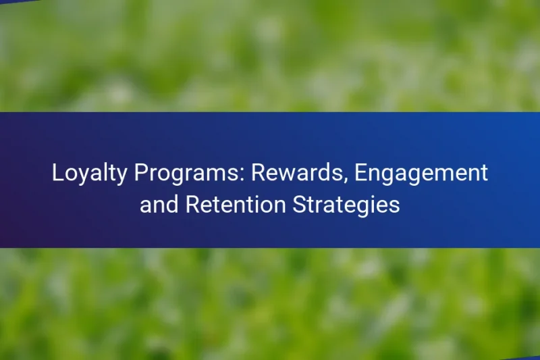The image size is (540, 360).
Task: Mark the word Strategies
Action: (346, 205)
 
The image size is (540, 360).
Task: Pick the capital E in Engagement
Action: (360, 174)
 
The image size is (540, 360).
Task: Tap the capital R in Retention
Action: (192, 205)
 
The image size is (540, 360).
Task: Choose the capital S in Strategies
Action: (299, 205)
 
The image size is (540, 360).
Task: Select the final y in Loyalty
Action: (122, 177)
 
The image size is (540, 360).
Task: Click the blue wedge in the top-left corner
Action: (10, 2)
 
